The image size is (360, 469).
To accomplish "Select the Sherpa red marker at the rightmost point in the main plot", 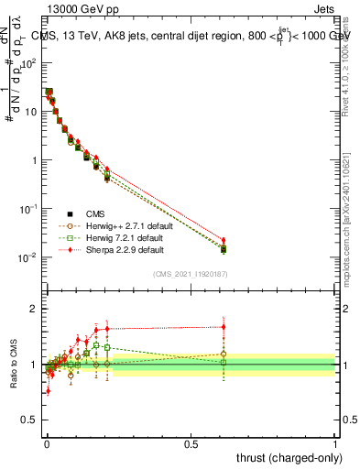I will [224, 240].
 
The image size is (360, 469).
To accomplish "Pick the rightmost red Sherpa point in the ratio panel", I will [224, 326].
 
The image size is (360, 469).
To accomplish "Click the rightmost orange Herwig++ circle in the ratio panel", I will [224, 354].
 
